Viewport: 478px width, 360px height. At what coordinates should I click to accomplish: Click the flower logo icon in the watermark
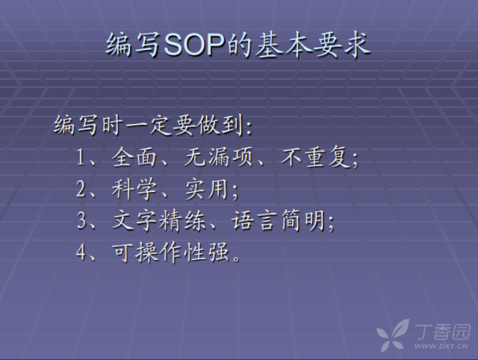[x=394, y=334]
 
